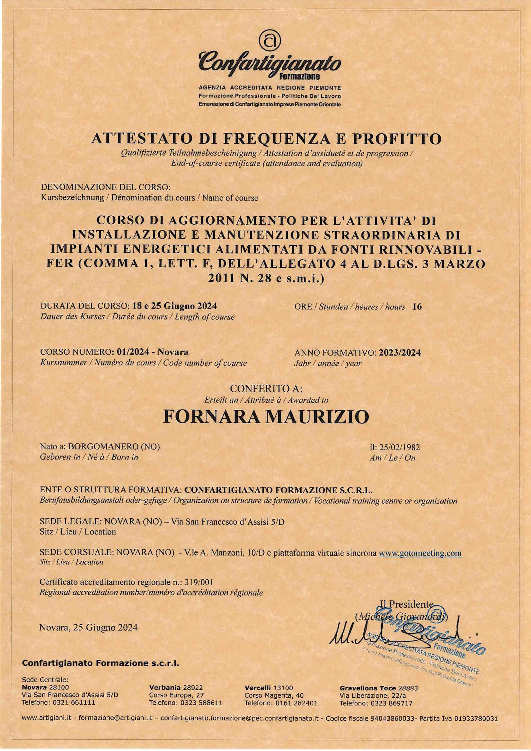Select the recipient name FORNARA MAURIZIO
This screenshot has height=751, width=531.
point(266,417)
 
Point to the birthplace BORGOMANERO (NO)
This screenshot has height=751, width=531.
point(114,446)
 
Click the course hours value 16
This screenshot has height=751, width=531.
point(417,307)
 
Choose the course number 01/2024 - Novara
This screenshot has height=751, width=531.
point(150,352)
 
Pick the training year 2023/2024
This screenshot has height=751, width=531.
point(400,353)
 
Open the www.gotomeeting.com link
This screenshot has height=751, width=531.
point(420,553)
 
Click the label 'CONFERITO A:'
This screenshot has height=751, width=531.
point(266,389)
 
